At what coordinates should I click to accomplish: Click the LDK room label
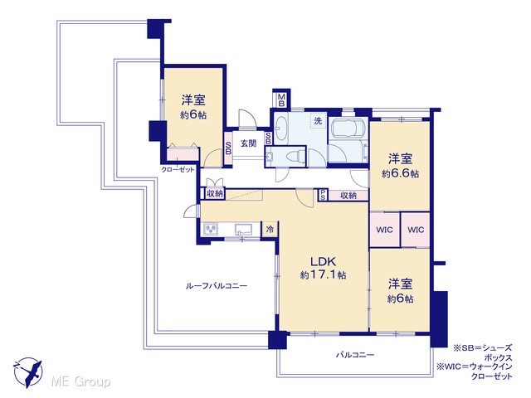(324, 261)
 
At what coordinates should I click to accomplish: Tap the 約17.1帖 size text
(323, 275)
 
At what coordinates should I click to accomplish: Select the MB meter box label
(281, 100)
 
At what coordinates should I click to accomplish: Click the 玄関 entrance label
(248, 143)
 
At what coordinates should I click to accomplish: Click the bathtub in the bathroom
(348, 129)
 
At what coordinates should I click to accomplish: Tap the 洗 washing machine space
(318, 121)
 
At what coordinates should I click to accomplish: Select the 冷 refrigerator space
(270, 229)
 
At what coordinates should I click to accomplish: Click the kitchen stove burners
(211, 230)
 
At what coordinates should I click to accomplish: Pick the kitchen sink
(243, 229)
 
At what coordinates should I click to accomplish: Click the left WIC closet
(384, 230)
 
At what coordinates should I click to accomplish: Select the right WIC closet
(416, 230)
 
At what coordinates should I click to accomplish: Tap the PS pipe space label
(323, 195)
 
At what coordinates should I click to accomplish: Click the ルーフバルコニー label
(217, 286)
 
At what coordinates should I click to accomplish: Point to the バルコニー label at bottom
(355, 355)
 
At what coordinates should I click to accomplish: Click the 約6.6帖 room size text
(400, 173)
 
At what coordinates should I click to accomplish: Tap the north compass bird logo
(27, 372)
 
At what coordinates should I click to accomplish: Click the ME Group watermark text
(80, 382)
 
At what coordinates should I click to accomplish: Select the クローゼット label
(178, 169)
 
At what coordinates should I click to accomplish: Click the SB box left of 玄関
(228, 148)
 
